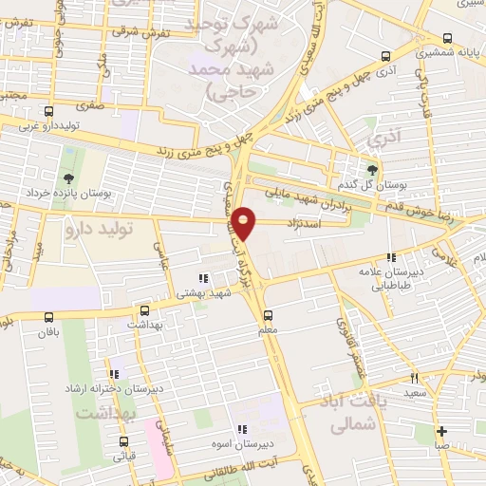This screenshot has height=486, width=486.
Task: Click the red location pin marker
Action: click(x=245, y=222)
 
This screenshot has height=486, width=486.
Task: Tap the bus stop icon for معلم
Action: click(x=267, y=315)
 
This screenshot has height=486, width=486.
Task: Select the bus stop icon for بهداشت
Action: click(x=144, y=309)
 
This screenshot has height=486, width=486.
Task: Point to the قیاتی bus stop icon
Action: click(x=124, y=441)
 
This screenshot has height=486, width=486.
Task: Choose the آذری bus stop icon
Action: click(x=385, y=55)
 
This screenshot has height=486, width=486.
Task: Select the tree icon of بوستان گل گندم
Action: click(x=371, y=170)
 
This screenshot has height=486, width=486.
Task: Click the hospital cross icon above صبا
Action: click(x=442, y=431)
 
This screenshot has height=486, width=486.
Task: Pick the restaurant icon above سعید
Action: click(x=414, y=378)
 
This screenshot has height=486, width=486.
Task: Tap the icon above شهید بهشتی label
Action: click(x=203, y=279)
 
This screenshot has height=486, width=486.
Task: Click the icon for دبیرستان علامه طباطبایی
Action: click(x=390, y=257)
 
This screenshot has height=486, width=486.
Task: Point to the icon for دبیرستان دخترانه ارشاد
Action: click(x=115, y=374)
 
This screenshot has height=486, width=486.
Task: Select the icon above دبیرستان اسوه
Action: click(x=242, y=429)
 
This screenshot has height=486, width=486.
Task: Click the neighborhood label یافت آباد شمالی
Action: click(x=352, y=416)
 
